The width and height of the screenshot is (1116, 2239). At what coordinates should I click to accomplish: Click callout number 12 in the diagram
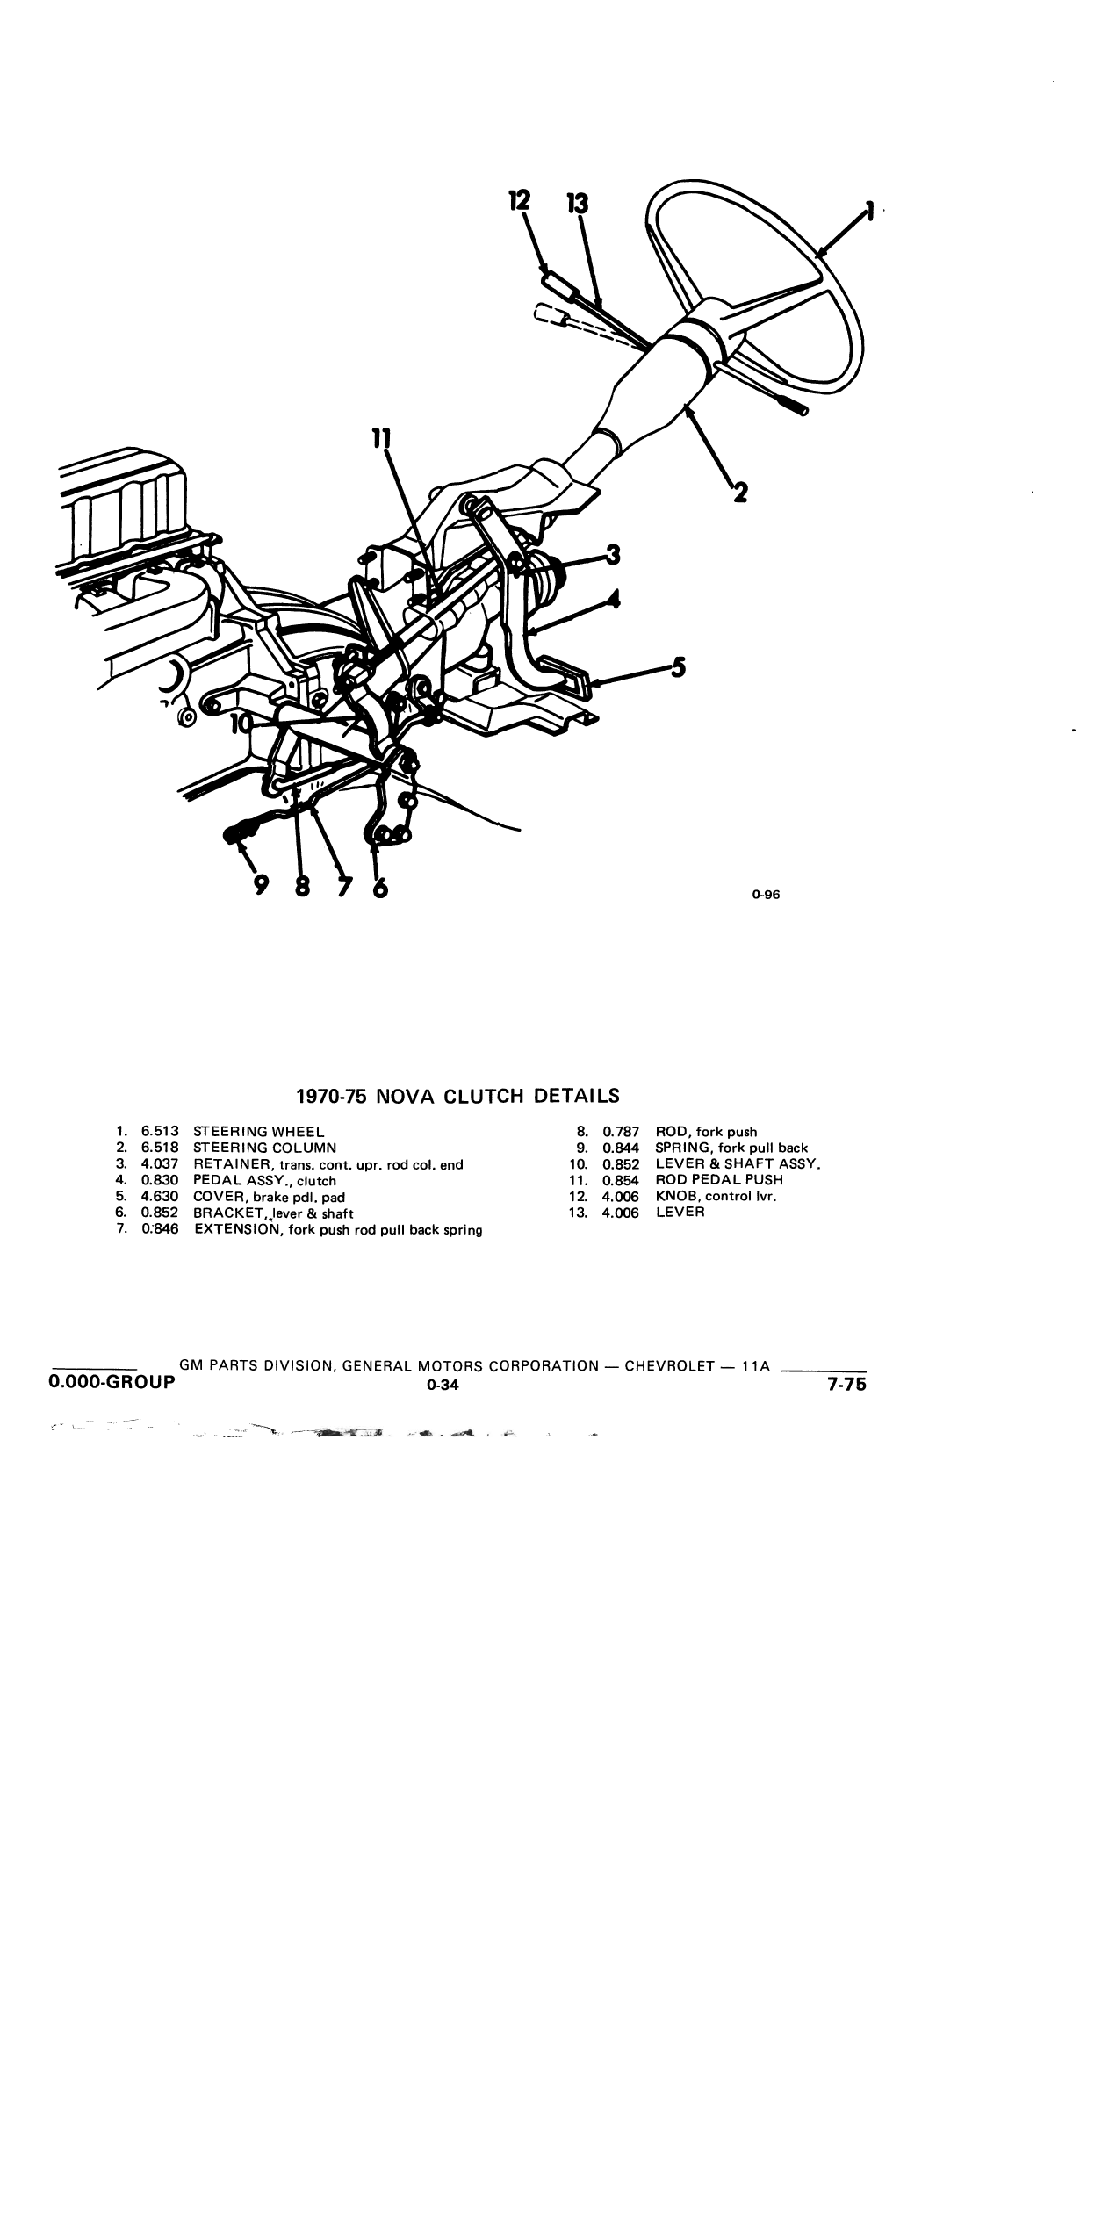point(520,200)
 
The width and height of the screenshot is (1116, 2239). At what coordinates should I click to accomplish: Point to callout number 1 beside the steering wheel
point(869,211)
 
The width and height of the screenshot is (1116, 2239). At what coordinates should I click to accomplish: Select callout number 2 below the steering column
point(740,493)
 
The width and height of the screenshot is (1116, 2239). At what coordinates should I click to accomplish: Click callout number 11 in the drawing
point(381,438)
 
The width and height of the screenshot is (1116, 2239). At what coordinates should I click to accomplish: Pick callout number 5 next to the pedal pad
point(677,668)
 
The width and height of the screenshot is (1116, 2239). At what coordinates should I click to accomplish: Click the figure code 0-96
point(766,896)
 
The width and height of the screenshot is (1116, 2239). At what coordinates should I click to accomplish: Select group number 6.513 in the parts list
point(160,1132)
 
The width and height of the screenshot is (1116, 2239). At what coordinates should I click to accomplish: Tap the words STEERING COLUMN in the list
point(264,1148)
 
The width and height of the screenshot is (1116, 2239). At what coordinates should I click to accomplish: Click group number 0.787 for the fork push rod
point(621,1132)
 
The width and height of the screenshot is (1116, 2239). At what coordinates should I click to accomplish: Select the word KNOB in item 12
point(675,1196)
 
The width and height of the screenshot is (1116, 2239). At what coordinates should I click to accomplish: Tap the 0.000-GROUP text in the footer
point(112,1381)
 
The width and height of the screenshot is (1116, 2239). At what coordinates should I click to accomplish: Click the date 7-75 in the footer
point(846,1385)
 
